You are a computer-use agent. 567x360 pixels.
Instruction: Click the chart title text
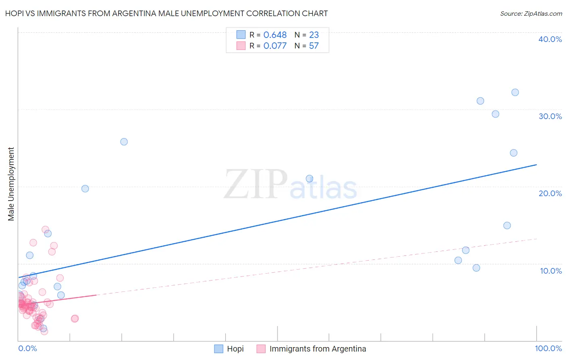click(167, 13)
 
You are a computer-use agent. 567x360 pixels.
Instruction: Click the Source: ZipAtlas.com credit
click(531, 13)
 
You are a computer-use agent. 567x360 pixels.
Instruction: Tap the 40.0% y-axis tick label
click(550, 39)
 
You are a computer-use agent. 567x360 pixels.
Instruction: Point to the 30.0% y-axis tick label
click(550, 116)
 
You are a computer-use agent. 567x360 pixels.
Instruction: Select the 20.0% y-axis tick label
click(550, 193)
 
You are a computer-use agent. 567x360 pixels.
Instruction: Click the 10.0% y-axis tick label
click(551, 271)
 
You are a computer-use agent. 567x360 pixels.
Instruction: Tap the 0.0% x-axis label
click(27, 348)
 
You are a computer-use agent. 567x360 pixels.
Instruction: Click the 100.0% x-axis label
click(548, 348)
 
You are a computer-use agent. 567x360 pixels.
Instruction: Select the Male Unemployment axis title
click(11, 184)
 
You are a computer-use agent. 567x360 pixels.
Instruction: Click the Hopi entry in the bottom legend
click(235, 349)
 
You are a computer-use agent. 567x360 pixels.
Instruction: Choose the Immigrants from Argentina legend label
click(318, 349)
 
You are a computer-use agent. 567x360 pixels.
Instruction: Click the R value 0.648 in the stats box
click(275, 35)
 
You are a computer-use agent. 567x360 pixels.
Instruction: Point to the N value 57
click(314, 46)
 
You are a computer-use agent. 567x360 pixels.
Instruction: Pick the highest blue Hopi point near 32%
click(515, 92)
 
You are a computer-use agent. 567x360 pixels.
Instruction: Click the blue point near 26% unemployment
click(124, 142)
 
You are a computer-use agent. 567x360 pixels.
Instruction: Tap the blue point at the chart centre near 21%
click(309, 178)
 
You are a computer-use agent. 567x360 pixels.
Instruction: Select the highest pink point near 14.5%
click(45, 230)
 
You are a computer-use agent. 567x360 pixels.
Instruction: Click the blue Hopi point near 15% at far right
click(507, 226)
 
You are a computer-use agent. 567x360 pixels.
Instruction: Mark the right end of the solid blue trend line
click(536, 165)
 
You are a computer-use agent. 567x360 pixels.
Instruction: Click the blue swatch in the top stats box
click(241, 35)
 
